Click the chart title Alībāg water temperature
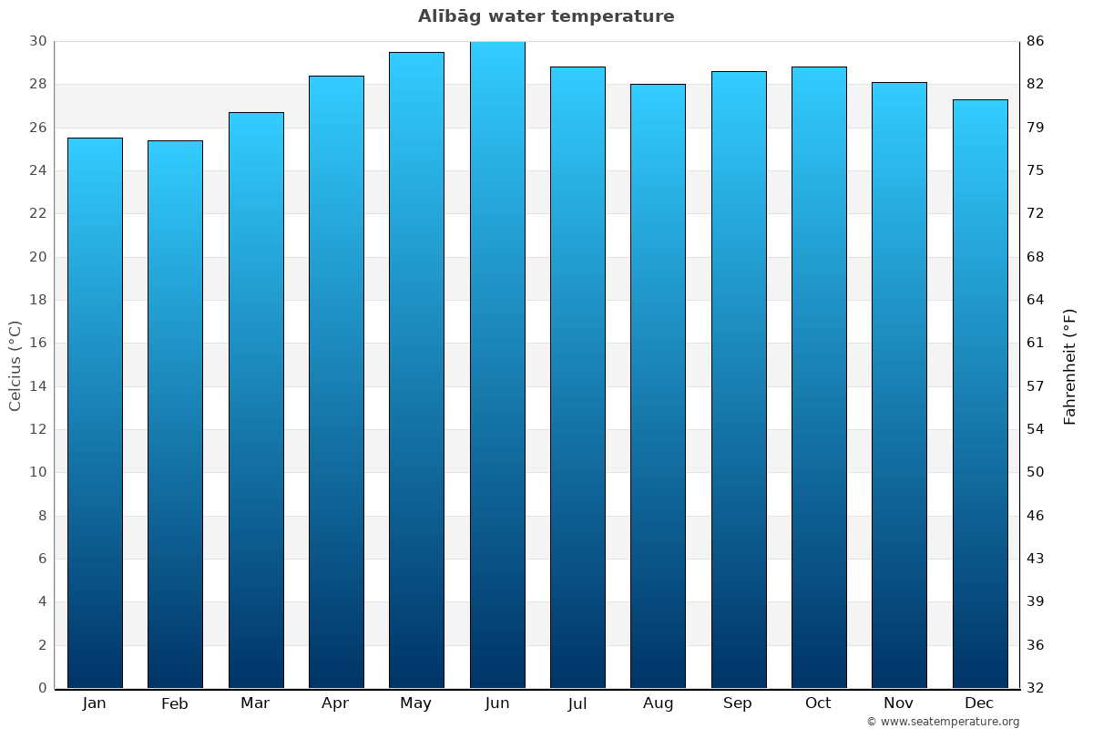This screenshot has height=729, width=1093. [546, 16]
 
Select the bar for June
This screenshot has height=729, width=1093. [497, 364]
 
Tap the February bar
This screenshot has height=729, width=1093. [175, 415]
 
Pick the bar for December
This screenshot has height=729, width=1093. [980, 394]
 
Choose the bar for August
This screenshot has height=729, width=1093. [658, 386]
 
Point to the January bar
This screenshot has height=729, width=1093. [95, 413]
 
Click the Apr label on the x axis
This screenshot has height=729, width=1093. [335, 703]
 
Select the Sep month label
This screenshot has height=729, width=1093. [738, 703]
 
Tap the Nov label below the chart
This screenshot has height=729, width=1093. [899, 703]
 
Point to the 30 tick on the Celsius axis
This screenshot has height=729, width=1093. [37, 41]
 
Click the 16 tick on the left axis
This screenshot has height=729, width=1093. [37, 343]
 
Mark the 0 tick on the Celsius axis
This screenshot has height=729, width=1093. [42, 688]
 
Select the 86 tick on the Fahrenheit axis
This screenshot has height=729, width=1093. [1036, 41]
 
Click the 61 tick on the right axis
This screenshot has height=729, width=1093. [1036, 343]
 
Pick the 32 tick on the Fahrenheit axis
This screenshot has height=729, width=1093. [1036, 688]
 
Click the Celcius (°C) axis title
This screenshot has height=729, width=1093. [15, 364]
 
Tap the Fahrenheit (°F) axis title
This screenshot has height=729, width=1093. [1070, 366]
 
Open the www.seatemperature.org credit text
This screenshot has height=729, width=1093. [943, 722]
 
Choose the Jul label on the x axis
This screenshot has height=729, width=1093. [577, 703]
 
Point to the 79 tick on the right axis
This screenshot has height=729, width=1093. [1036, 128]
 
